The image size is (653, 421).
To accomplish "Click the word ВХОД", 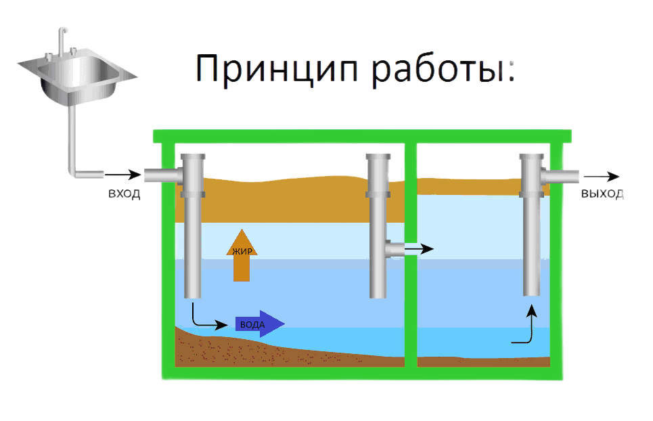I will tap(125, 195).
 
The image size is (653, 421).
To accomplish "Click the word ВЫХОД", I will tap(602, 195).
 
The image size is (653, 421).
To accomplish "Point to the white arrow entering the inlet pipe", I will tap(126, 175).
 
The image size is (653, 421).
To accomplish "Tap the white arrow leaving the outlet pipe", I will tap(602, 176).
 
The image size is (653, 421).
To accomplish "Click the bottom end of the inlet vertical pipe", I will tap(193, 294).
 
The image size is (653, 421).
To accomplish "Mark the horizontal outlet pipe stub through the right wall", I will tap(565, 176).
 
